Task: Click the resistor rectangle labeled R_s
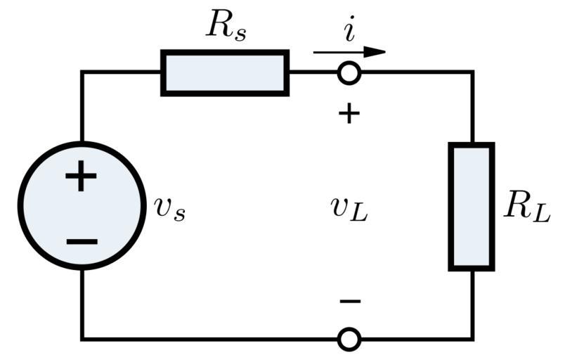pos(225,72)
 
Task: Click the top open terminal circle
pos(349,72)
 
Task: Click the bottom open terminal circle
pos(349,340)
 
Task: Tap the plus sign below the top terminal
pos(349,113)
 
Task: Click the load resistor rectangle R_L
pos(472,206)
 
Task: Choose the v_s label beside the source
pos(170,208)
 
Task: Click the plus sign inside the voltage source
pos(82,176)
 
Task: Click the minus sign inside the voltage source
pos(82,242)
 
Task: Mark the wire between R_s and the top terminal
pos(313,72)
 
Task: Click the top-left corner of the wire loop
pos(82,72)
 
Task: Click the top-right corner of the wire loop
pos(472,72)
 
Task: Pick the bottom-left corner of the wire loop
pos(82,340)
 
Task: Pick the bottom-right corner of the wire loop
pos(472,340)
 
